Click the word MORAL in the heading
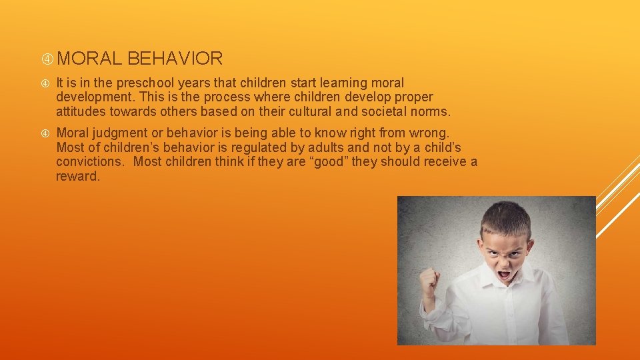[89, 59]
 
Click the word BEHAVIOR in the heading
[175, 59]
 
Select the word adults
[325, 147]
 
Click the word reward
[77, 176]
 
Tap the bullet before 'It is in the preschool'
[46, 84]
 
